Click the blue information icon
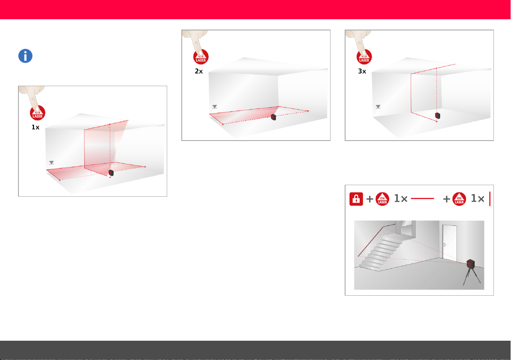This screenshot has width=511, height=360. (x=25, y=56)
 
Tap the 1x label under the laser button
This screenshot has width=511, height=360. (x=36, y=127)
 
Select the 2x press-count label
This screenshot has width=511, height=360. (x=199, y=71)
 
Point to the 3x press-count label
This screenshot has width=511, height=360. (x=362, y=71)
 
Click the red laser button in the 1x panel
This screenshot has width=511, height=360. (x=37, y=114)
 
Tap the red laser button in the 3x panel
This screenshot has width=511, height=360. (x=364, y=57)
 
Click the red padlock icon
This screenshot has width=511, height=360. (x=356, y=199)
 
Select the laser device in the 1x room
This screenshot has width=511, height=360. (x=111, y=173)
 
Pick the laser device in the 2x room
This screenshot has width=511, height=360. (x=274, y=117)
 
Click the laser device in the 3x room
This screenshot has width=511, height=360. (x=438, y=115)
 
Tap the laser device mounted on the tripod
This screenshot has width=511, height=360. (x=471, y=264)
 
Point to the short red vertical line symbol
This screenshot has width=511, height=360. (x=490, y=199)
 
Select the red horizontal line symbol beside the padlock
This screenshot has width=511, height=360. (x=422, y=198)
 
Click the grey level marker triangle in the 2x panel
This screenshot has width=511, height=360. (x=214, y=107)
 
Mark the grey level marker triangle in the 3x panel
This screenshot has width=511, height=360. (x=378, y=107)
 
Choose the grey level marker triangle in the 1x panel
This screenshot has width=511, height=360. (x=51, y=162)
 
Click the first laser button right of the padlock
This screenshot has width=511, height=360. (x=382, y=199)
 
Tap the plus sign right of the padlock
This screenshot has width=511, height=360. (x=370, y=199)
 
